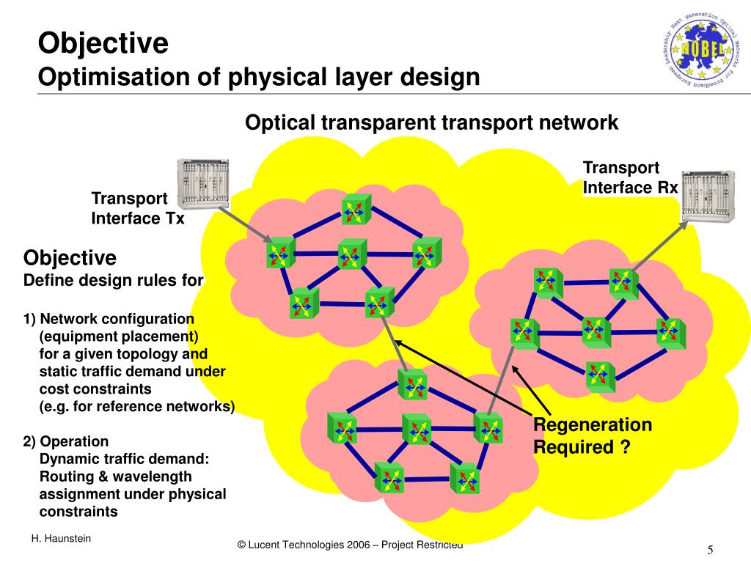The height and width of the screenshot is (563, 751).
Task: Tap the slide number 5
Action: tap(711, 551)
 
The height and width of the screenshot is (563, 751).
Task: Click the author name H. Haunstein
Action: tap(61, 540)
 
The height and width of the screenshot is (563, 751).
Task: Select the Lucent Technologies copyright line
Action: tap(351, 545)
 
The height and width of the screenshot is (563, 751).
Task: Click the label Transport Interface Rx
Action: tap(630, 178)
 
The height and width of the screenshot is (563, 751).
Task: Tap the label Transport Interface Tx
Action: tap(137, 208)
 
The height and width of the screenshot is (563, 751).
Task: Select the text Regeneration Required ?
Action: tap(592, 435)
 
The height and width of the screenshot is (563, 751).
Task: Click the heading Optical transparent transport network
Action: tap(432, 122)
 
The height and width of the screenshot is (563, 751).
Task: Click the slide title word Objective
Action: tap(103, 43)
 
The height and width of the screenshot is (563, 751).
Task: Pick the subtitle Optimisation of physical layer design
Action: tap(259, 77)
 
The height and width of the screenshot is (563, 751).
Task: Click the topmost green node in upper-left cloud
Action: tap(356, 208)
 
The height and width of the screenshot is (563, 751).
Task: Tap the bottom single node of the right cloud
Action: tap(600, 376)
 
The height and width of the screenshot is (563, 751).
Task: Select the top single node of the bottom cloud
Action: tap(412, 383)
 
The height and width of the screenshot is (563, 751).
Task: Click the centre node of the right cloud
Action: tap(596, 331)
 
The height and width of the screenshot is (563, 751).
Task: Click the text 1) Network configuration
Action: tap(109, 319)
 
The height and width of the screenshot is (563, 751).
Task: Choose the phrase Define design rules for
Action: tap(114, 280)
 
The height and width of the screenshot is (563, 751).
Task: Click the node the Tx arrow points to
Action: tap(280, 252)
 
